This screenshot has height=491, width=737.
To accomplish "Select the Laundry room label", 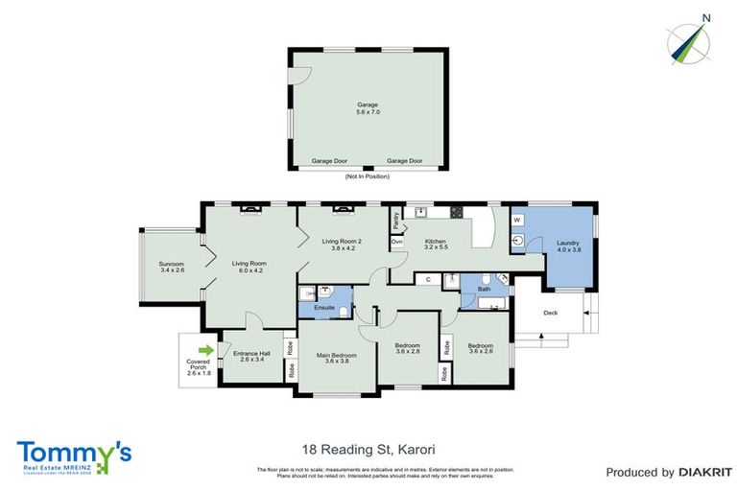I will tap(568, 245).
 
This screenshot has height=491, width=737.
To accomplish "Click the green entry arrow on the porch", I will tap(204, 350).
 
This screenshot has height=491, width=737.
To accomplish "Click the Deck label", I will tap(550, 313).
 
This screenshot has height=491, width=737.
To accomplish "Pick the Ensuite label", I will tap(322, 308).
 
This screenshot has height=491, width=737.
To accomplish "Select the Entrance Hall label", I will tap(251, 356).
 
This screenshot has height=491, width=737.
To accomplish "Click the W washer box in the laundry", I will tap(516, 221).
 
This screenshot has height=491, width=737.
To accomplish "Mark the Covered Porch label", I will tap(199, 367).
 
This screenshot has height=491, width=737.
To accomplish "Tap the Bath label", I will tap(484, 288).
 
